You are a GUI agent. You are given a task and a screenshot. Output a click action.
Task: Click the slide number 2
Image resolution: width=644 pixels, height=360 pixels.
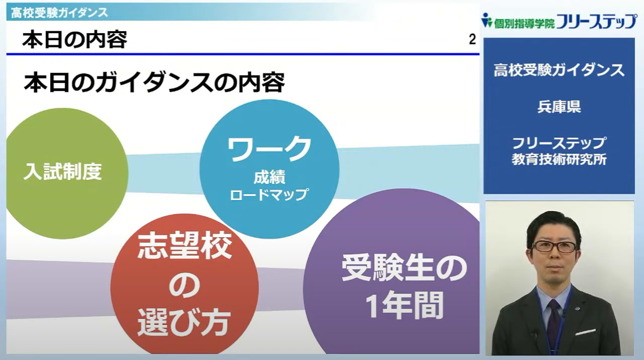tap(472, 39)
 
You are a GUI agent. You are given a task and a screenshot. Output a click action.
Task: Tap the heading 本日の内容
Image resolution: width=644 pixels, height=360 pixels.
tap(75, 39)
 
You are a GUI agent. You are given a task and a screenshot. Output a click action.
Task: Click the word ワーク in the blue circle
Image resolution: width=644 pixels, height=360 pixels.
tap(269, 149)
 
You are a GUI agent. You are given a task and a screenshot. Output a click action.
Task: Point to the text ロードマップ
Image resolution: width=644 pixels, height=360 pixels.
tap(269, 195)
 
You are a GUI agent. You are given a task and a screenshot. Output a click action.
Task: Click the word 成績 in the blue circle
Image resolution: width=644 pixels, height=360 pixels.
tap(269, 177)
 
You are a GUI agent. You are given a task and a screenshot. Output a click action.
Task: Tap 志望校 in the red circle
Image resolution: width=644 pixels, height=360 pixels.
tap(185, 246)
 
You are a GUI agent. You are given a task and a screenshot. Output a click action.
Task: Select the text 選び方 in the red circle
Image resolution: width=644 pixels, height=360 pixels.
tap(184, 322)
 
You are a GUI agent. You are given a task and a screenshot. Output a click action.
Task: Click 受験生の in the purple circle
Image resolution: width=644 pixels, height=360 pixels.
tap(404, 268)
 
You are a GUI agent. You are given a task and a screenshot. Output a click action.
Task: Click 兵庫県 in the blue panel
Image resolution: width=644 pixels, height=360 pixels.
tap(559, 106)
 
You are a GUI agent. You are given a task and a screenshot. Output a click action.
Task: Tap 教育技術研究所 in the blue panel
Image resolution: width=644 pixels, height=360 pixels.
tap(559, 160)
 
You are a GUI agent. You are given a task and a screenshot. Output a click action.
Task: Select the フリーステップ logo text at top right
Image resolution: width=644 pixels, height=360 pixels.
tap(596, 21)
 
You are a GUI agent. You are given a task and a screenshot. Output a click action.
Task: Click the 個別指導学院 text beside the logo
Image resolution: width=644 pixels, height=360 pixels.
tap(524, 24)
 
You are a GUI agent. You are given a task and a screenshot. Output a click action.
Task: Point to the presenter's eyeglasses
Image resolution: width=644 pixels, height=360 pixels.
tap(554, 247)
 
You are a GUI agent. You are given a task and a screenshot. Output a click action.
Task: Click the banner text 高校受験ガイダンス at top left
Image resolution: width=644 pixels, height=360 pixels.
tap(59, 13)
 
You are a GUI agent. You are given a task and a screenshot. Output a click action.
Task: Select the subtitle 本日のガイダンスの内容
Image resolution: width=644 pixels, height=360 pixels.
tap(154, 83)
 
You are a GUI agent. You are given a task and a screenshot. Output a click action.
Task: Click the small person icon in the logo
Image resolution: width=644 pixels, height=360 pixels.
tap(487, 20)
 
